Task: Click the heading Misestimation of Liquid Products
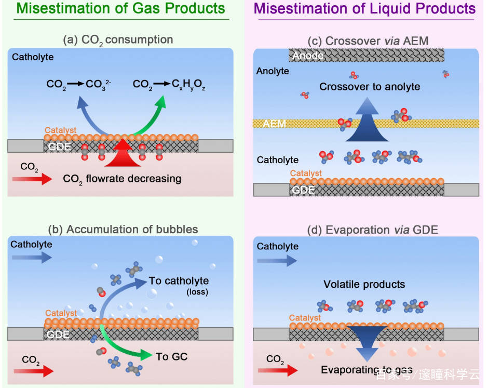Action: click(364, 9)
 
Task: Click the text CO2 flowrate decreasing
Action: click(122, 179)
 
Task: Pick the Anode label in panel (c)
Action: click(308, 56)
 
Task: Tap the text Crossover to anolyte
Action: click(370, 87)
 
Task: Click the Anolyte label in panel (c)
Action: click(273, 71)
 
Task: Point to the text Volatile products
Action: click(364, 284)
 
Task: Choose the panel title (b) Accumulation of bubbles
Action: click(123, 229)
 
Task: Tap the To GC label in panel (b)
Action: click(171, 356)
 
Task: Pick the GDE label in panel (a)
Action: click(59, 146)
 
